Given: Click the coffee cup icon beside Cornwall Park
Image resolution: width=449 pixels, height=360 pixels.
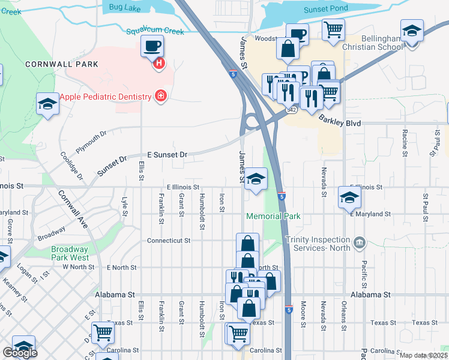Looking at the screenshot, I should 151,46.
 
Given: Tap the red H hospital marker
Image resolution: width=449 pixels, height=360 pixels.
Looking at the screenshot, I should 159,63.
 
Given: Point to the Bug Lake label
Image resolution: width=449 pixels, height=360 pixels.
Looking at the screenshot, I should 124,7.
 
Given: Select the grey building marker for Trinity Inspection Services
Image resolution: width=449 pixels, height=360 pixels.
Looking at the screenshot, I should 359,242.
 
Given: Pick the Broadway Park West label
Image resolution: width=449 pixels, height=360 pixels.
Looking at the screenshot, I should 70,253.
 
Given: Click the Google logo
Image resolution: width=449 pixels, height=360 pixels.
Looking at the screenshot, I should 20,353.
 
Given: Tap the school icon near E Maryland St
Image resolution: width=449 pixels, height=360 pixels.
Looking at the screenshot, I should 349,197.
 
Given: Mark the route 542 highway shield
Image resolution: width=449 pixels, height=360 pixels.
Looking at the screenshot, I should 291,110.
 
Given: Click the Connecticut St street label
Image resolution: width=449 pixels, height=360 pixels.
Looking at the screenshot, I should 169,240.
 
